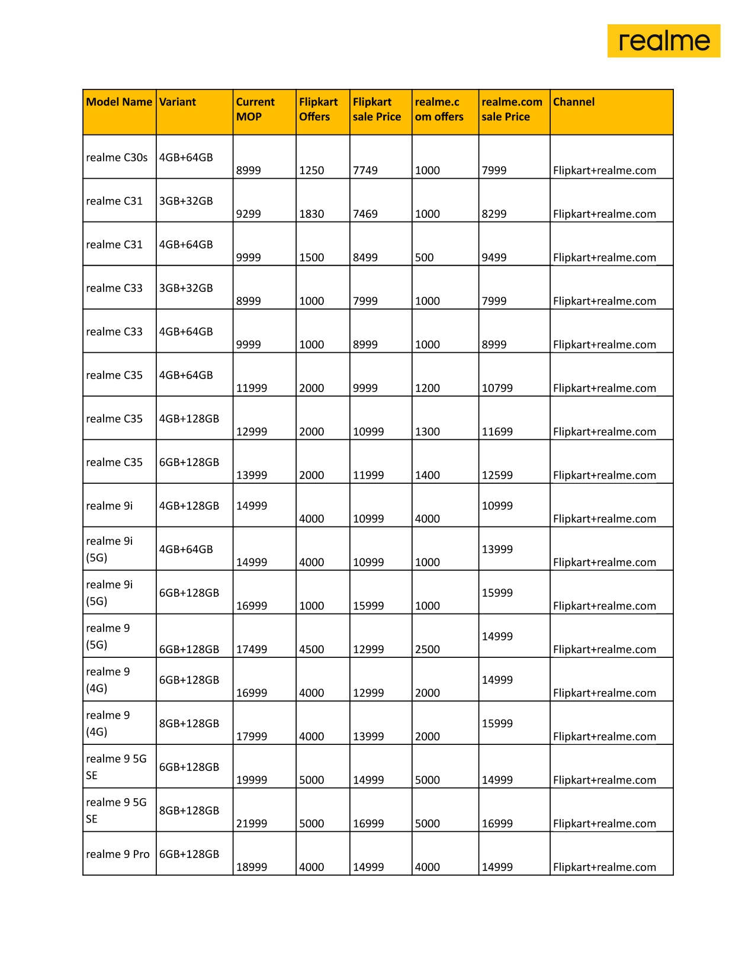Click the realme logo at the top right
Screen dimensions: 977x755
click(x=663, y=41)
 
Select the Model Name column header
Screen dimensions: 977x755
click(x=119, y=102)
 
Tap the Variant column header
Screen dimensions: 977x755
click(x=178, y=102)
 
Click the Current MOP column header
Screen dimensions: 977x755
click(x=255, y=109)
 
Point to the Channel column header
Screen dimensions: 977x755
click(x=574, y=102)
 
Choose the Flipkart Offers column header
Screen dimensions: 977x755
click(x=318, y=109)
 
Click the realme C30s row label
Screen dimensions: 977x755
click(x=117, y=158)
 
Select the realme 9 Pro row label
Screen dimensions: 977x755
click(x=117, y=854)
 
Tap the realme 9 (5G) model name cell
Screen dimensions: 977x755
click(x=108, y=636)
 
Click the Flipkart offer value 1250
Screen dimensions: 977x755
click(x=311, y=171)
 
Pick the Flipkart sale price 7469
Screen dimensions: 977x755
click(x=365, y=214)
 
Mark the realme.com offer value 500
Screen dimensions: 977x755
click(x=424, y=258)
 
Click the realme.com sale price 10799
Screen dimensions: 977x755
click(x=497, y=388)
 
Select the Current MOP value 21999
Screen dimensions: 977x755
click(x=252, y=824)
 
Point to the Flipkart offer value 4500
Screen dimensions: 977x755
click(x=311, y=650)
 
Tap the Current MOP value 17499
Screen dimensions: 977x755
click(x=252, y=650)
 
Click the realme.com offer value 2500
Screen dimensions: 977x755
click(x=428, y=650)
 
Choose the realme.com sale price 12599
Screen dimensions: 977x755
click(x=497, y=475)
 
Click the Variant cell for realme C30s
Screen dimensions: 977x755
click(x=186, y=158)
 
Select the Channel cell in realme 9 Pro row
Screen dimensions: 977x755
click(x=605, y=867)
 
